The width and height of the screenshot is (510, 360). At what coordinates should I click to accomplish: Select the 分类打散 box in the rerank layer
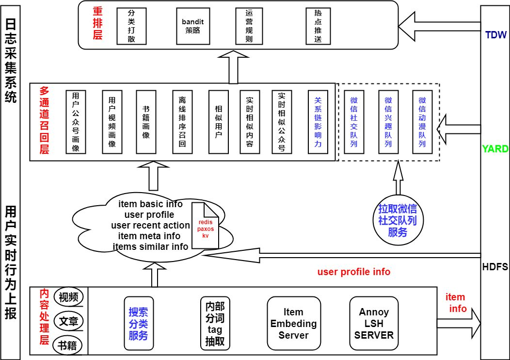tap(131, 26)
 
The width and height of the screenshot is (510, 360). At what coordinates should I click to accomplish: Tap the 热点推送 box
tap(318, 26)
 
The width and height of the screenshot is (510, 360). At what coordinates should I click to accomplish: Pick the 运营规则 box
tap(249, 26)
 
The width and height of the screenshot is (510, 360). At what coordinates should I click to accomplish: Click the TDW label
tap(495, 35)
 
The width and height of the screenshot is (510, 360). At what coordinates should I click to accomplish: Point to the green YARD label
tap(495, 149)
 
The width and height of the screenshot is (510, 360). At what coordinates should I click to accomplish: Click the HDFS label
tap(495, 267)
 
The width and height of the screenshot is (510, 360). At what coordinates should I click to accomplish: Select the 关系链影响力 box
tap(318, 122)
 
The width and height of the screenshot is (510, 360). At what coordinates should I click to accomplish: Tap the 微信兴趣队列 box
tap(388, 122)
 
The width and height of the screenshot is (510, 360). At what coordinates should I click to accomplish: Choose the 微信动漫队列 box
tap(422, 122)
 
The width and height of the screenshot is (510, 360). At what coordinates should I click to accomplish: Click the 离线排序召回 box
tap(182, 122)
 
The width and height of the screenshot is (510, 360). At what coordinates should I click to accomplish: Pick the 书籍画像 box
tap(146, 122)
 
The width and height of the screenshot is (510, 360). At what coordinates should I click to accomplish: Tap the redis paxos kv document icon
tap(205, 226)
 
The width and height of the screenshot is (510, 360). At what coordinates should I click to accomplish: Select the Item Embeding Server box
tap(293, 323)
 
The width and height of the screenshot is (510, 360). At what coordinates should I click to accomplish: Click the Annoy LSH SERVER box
tap(374, 323)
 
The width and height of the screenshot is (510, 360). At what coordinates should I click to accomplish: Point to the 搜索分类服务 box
tap(139, 323)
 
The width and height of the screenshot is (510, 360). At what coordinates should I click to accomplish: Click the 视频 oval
tap(69, 297)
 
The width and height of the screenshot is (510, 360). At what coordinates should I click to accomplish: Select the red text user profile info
tap(353, 272)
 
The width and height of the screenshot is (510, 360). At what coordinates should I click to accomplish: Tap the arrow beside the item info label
tap(458, 323)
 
